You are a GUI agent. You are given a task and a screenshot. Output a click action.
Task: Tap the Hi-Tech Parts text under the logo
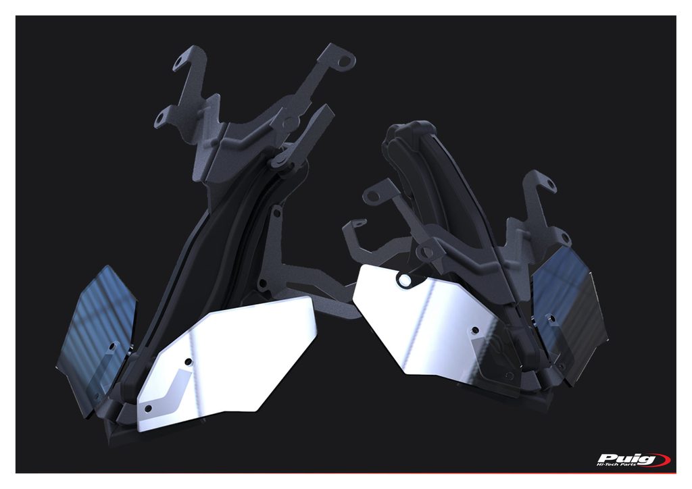(x=616, y=465)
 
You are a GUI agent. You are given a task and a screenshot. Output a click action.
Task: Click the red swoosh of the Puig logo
(x=660, y=460)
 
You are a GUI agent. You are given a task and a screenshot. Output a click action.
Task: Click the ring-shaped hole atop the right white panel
(x=404, y=279)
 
